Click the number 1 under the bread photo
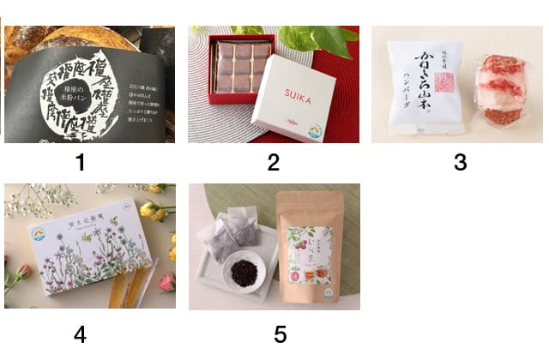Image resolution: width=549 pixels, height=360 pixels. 80,160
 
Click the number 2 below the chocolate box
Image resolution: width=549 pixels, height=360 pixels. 273,162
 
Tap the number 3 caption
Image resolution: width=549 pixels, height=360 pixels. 460,162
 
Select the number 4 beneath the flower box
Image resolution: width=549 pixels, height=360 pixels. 80,334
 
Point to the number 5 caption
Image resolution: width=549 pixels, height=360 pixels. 280,334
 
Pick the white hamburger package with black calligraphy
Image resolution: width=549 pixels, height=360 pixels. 427,86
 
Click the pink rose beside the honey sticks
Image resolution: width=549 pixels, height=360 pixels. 166,283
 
